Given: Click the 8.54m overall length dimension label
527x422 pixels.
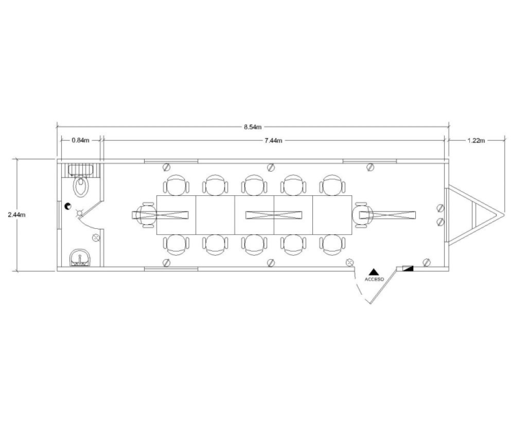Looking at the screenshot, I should (x=252, y=127).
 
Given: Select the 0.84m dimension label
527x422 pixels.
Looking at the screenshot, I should (x=80, y=140).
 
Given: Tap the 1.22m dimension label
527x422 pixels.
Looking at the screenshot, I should (x=476, y=140).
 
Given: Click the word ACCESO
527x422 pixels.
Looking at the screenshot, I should (x=375, y=280).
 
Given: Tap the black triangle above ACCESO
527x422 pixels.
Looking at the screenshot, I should (x=375, y=272).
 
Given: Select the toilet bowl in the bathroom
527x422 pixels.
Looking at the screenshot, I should (x=82, y=185).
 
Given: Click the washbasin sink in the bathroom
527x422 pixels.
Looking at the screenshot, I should (x=81, y=259).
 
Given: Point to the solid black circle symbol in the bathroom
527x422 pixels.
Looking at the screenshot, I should (x=68, y=206).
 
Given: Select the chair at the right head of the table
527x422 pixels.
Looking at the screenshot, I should (x=364, y=215).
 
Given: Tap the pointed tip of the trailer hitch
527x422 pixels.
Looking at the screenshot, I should (x=503, y=215).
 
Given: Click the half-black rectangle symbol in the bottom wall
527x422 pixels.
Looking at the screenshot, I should (x=408, y=267).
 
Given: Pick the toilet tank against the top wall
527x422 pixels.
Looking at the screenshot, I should (x=82, y=169).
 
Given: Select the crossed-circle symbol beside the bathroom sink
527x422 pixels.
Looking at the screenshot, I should (x=96, y=238).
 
